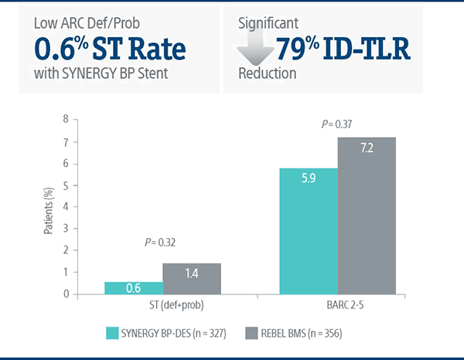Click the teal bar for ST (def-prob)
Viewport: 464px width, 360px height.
point(133,287)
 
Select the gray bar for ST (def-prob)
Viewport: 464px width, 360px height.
point(191,278)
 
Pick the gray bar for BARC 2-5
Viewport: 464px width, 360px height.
point(365,216)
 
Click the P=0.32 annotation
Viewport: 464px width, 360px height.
point(161,243)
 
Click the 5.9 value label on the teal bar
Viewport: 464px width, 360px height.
point(308,180)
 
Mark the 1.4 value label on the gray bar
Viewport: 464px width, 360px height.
point(191,273)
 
